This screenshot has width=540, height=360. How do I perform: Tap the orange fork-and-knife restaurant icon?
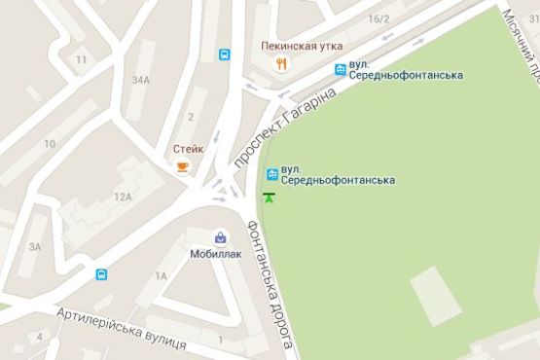coord(281,64)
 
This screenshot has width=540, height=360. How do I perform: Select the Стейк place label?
coord(188,149)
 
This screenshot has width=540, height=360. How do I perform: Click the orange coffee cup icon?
coord(182,166)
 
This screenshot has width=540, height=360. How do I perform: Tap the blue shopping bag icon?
coord(221,236)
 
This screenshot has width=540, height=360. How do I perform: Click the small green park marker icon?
coord(268,198)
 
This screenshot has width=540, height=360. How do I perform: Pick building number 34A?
coord(144,80)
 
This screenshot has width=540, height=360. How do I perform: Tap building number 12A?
coord(122,197)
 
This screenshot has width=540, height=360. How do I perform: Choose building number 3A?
coord(35,247)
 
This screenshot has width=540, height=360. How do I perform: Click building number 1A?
coord(161,276)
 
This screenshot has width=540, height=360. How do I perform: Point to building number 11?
coord(80,60)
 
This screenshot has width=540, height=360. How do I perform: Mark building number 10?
coord(49,144)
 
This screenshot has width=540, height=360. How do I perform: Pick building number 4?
coord(40,337)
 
